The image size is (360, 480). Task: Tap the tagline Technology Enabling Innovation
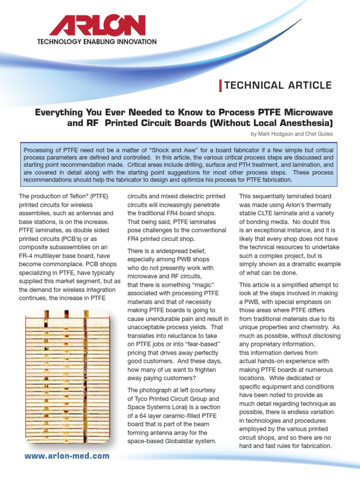click(x=97, y=42)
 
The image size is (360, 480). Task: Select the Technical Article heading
click(x=278, y=85)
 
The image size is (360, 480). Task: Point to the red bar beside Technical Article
click(x=221, y=86)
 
